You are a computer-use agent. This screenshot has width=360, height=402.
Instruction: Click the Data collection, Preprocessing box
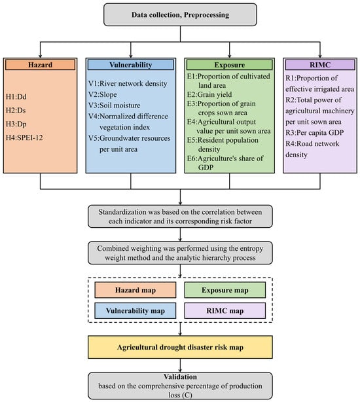click(180, 14)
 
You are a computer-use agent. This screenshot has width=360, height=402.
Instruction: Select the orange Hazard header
click(40, 65)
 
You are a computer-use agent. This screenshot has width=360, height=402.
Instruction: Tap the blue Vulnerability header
click(131, 65)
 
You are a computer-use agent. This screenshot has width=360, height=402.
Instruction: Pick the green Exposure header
click(229, 65)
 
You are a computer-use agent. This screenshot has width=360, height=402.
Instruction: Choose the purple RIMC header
click(320, 65)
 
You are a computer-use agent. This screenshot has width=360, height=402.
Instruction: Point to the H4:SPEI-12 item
click(24, 137)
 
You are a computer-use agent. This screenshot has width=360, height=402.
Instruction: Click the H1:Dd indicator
click(16, 97)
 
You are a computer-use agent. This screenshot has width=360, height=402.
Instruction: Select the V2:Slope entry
click(103, 94)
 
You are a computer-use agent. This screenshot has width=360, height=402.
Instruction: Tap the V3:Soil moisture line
click(115, 105)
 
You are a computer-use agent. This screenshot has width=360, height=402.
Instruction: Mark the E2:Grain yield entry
click(209, 94)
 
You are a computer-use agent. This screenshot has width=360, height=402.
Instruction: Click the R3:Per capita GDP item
click(315, 132)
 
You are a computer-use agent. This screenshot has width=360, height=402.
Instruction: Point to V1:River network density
click(128, 83)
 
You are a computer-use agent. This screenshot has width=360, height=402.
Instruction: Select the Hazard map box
click(135, 290)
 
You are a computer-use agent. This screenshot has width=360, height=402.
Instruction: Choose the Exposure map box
click(225, 290)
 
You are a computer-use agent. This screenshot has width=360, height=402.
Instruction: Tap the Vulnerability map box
click(135, 311)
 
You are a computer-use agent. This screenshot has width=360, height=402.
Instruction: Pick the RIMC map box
click(225, 311)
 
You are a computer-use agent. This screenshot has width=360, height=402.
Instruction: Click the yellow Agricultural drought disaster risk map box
click(180, 347)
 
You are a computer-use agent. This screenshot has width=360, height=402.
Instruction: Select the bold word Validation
click(181, 376)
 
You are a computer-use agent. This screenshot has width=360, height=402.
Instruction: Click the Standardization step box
click(180, 216)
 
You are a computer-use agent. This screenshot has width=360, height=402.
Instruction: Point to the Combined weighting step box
click(180, 253)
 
